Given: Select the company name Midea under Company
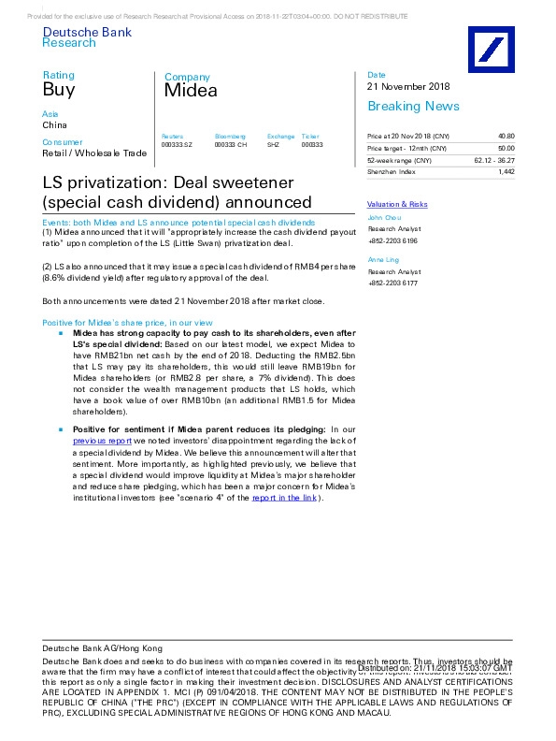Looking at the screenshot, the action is [x=191, y=91].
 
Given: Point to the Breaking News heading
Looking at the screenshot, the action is [x=413, y=107].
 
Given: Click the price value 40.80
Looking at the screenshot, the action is [x=506, y=136].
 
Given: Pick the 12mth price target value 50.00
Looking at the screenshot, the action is [x=506, y=149].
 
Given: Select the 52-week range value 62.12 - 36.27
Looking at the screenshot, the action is [x=494, y=161].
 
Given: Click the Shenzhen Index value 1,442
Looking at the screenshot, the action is [x=506, y=172].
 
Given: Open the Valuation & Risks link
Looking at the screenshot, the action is [x=397, y=204].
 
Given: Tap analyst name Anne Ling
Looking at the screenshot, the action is [x=383, y=258].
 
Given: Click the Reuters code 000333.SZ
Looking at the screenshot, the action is [x=177, y=145].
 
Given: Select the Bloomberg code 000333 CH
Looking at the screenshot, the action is [x=231, y=145].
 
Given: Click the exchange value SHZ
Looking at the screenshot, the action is [x=273, y=145].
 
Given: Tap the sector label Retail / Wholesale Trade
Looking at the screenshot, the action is [x=93, y=153].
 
